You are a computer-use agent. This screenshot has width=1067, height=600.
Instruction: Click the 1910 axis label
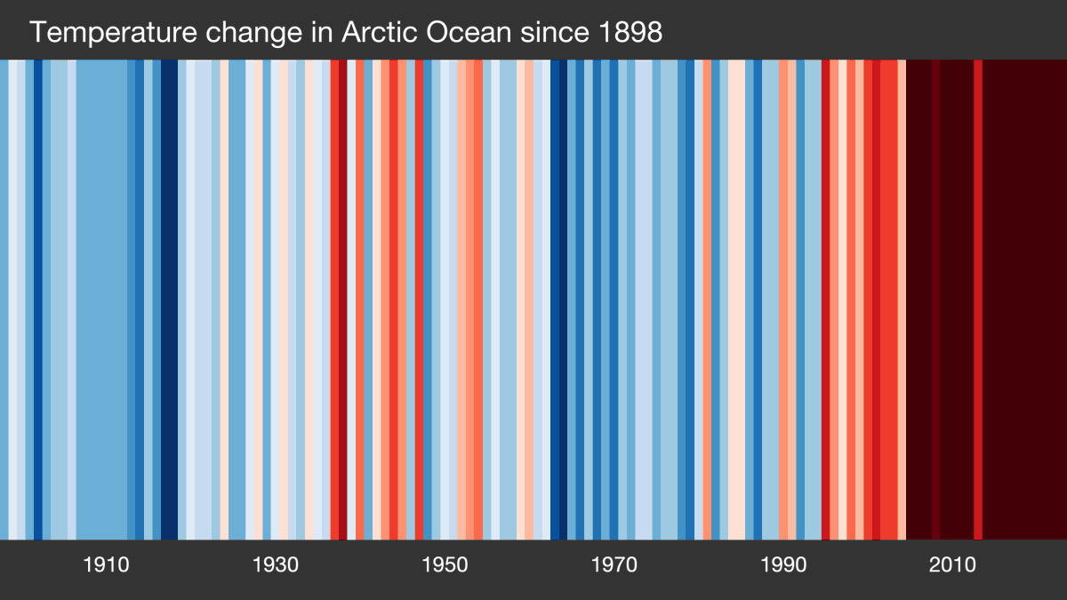pos(106,565)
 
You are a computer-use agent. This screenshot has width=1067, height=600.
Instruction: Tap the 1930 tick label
pos(275,565)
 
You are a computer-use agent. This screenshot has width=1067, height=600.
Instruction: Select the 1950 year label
pos(445,565)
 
